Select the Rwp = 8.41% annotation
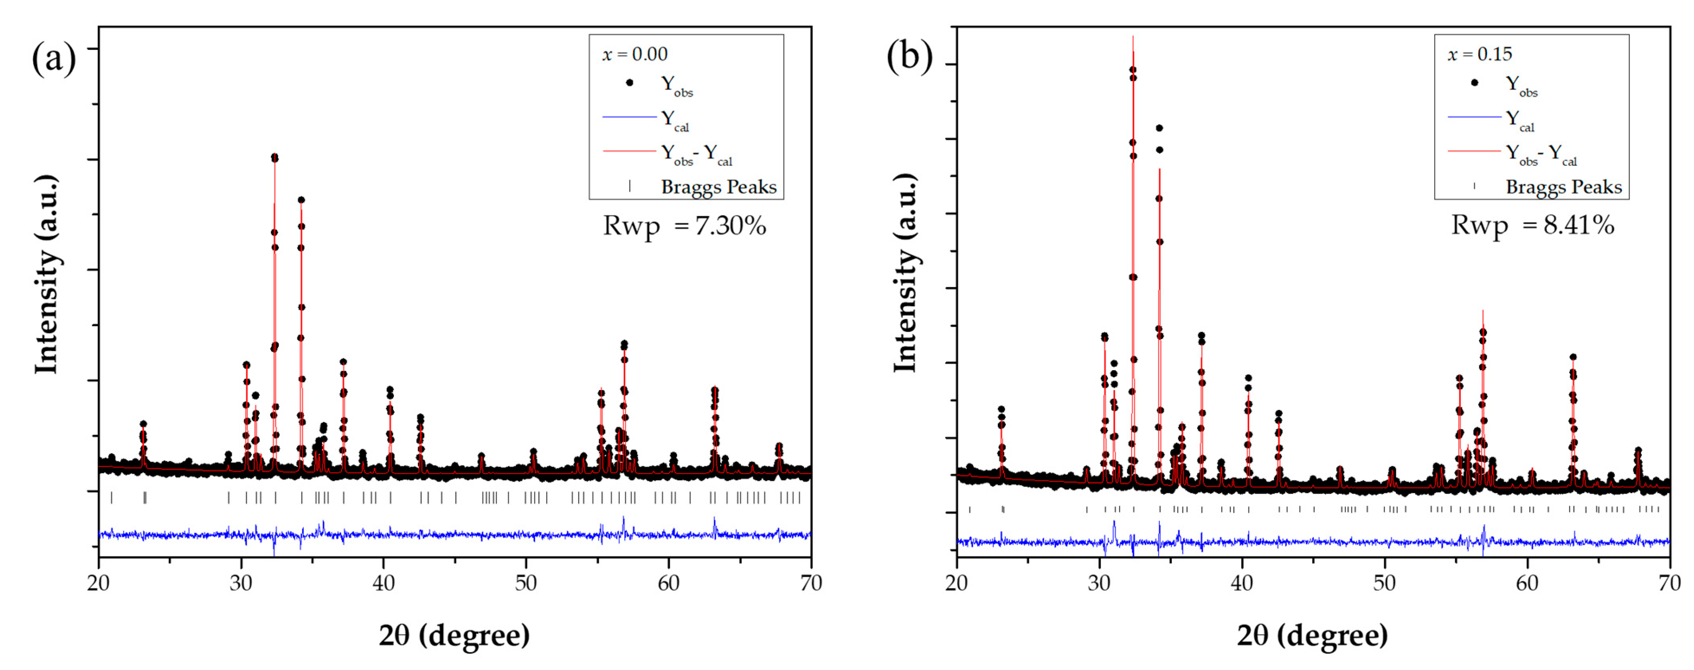tap(1532, 225)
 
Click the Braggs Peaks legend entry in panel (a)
tap(718, 187)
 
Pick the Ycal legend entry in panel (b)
tap(1520, 120)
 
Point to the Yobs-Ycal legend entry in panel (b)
tap(1541, 154)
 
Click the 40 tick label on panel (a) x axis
tap(383, 583)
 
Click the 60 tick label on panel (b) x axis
tap(1527, 583)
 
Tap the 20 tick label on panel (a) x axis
tap(99, 583)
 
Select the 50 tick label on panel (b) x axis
tap(1385, 583)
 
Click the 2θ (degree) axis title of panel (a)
tap(454, 635)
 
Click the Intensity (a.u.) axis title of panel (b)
tap(906, 273)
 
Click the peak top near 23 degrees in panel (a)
tap(143, 424)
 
